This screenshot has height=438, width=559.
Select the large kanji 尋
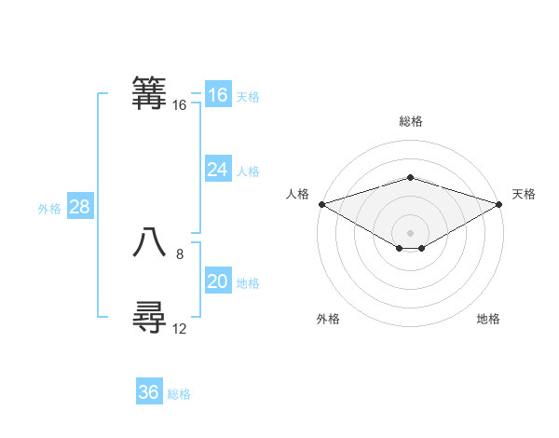coord(149,317)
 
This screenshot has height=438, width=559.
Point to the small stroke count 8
coord(180,253)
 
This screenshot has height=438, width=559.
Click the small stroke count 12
coord(180,328)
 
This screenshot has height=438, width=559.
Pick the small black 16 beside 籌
coord(180,105)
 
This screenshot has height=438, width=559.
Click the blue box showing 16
coord(218,95)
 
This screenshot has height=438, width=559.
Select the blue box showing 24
coord(218,170)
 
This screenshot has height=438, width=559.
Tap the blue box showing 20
coord(218,281)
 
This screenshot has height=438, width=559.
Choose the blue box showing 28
coord(79,207)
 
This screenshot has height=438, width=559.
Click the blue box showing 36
coord(149,392)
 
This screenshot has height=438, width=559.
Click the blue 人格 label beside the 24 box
coord(248,171)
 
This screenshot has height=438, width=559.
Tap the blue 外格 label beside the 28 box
coord(50,209)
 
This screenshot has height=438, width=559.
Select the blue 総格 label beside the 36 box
coord(179,394)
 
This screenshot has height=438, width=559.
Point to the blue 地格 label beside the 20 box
coord(248,283)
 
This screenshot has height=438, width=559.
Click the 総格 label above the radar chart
coord(410,121)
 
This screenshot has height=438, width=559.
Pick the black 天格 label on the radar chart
coord(524,194)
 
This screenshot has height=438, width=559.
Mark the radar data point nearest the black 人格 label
coord(321,203)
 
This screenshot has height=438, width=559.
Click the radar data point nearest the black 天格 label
coord(499,203)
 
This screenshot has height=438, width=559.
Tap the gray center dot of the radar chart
coord(410,231)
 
